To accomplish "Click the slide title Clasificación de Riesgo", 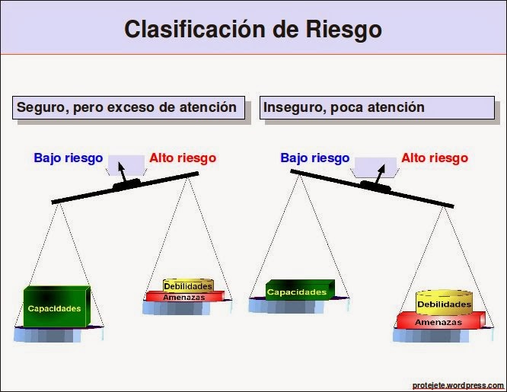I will (253, 29).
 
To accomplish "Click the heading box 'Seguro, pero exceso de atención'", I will (127, 107).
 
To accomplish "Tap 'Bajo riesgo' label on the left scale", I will (68, 158).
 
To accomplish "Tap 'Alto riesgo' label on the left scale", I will (183, 158).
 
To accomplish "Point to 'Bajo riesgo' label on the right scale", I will (314, 158).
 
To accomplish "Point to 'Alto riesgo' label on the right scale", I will (435, 158).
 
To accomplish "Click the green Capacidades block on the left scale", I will (55, 308).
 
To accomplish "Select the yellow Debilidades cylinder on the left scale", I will (187, 285).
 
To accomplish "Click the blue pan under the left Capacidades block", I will (57, 333).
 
